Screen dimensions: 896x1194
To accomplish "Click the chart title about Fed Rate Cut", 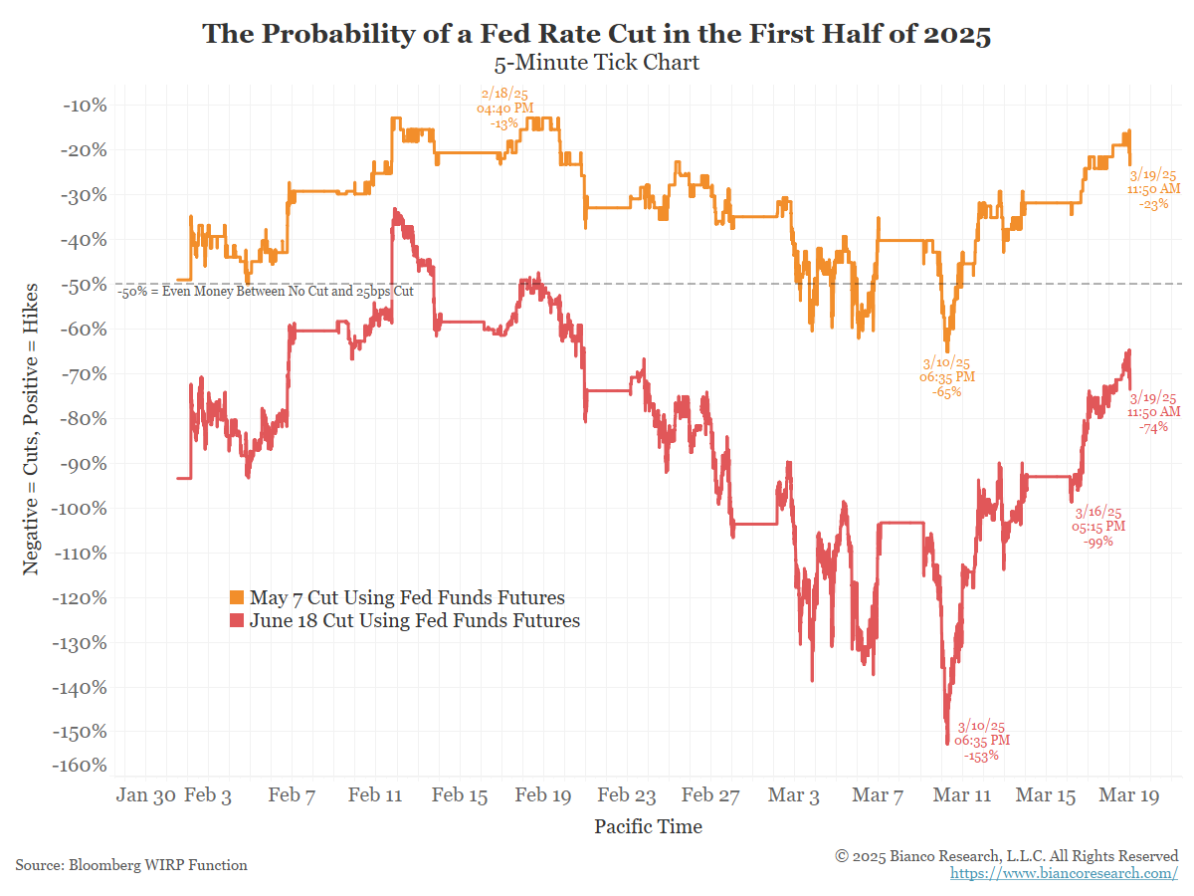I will click(597, 34).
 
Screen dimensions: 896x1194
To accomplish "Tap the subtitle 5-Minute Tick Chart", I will click(597, 63).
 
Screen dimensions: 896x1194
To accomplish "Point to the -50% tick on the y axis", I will click(87, 285).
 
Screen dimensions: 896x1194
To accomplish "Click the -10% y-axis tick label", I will click(87, 106).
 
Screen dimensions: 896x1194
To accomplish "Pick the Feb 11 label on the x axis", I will click(377, 795).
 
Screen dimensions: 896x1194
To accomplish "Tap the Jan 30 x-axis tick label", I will click(146, 795).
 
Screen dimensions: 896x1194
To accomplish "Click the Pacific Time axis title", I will click(648, 826).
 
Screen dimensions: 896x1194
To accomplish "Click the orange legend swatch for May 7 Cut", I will click(237, 598).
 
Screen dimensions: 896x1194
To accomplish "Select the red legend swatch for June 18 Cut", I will click(237, 621).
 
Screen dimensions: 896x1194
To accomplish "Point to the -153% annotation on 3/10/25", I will click(982, 741).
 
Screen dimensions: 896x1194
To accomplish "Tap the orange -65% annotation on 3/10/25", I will click(947, 377).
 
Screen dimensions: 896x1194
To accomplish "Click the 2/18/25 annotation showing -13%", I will click(504, 109).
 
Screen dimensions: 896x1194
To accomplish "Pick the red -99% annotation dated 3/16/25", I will click(1097, 527).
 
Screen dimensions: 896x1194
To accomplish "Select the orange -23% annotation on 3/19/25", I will click(1153, 188).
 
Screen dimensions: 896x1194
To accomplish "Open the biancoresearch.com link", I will click(1064, 873).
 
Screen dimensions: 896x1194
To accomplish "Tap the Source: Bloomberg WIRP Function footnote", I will click(131, 865).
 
